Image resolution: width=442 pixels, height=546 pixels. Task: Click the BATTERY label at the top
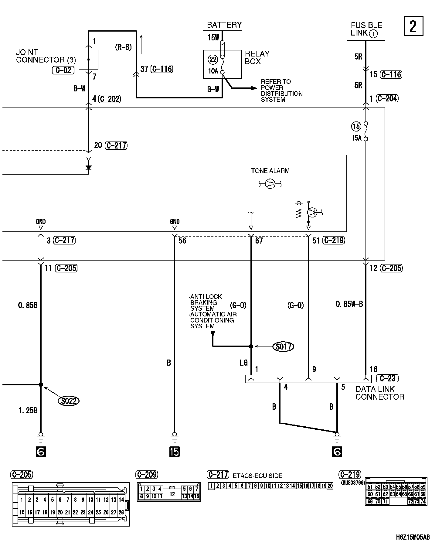point(224,25)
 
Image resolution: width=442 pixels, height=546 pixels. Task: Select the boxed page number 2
point(413,26)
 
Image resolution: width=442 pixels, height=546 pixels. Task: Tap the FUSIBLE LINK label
point(366,29)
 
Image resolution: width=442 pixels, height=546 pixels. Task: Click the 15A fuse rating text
point(357,138)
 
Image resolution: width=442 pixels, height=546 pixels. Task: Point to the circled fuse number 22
point(213,60)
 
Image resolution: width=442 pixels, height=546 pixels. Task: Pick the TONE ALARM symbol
point(270,183)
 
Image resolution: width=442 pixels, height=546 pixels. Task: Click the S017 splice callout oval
point(283,346)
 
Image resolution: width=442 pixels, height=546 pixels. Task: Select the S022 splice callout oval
point(68,401)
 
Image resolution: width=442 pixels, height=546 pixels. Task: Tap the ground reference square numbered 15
point(175,452)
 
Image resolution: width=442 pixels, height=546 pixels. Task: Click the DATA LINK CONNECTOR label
point(380,393)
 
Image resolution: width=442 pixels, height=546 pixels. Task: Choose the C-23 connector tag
point(387,378)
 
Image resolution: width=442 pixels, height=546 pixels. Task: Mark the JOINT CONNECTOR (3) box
point(88,60)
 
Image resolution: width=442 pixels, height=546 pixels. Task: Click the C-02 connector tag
point(63,70)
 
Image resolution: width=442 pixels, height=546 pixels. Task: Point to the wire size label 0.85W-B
point(349,304)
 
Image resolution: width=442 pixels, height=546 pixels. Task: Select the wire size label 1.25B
point(28,411)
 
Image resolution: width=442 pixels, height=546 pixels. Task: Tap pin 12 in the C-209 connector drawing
point(172,494)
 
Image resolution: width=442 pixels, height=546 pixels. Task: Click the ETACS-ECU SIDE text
point(257,476)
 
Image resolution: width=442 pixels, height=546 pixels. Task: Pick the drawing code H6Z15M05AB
point(413,537)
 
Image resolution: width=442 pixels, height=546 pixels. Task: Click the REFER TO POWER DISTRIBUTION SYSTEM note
point(281,90)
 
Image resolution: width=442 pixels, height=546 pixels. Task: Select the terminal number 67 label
point(259,241)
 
